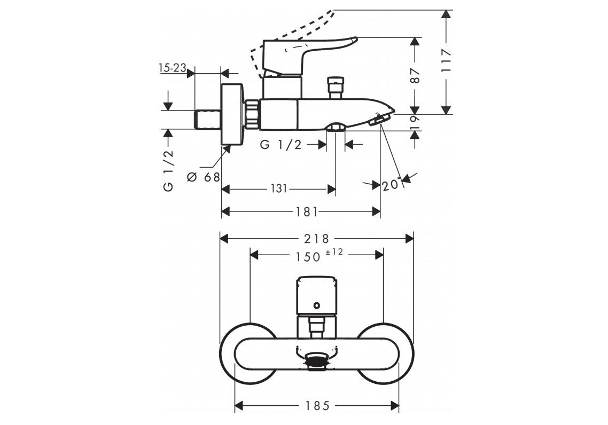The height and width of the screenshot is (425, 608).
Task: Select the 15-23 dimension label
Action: pos(172,68)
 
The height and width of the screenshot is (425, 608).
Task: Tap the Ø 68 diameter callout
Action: pos(204,177)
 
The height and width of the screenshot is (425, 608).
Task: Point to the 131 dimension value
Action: pos(279,188)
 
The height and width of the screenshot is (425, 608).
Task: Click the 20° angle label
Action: pos(392,185)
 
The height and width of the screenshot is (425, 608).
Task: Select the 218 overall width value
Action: pos(317,238)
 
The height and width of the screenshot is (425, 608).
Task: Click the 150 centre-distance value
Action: pos(308,256)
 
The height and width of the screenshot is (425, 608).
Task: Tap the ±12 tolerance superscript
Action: pos(334,251)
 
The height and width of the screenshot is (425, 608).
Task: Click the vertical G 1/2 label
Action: pos(168,170)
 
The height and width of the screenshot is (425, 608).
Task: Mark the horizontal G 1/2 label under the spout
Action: pos(281,145)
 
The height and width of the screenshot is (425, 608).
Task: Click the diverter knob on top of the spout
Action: pos(335,87)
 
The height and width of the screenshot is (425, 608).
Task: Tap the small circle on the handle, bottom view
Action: pos(317,306)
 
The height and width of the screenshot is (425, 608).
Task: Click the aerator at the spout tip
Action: pos(377,122)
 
